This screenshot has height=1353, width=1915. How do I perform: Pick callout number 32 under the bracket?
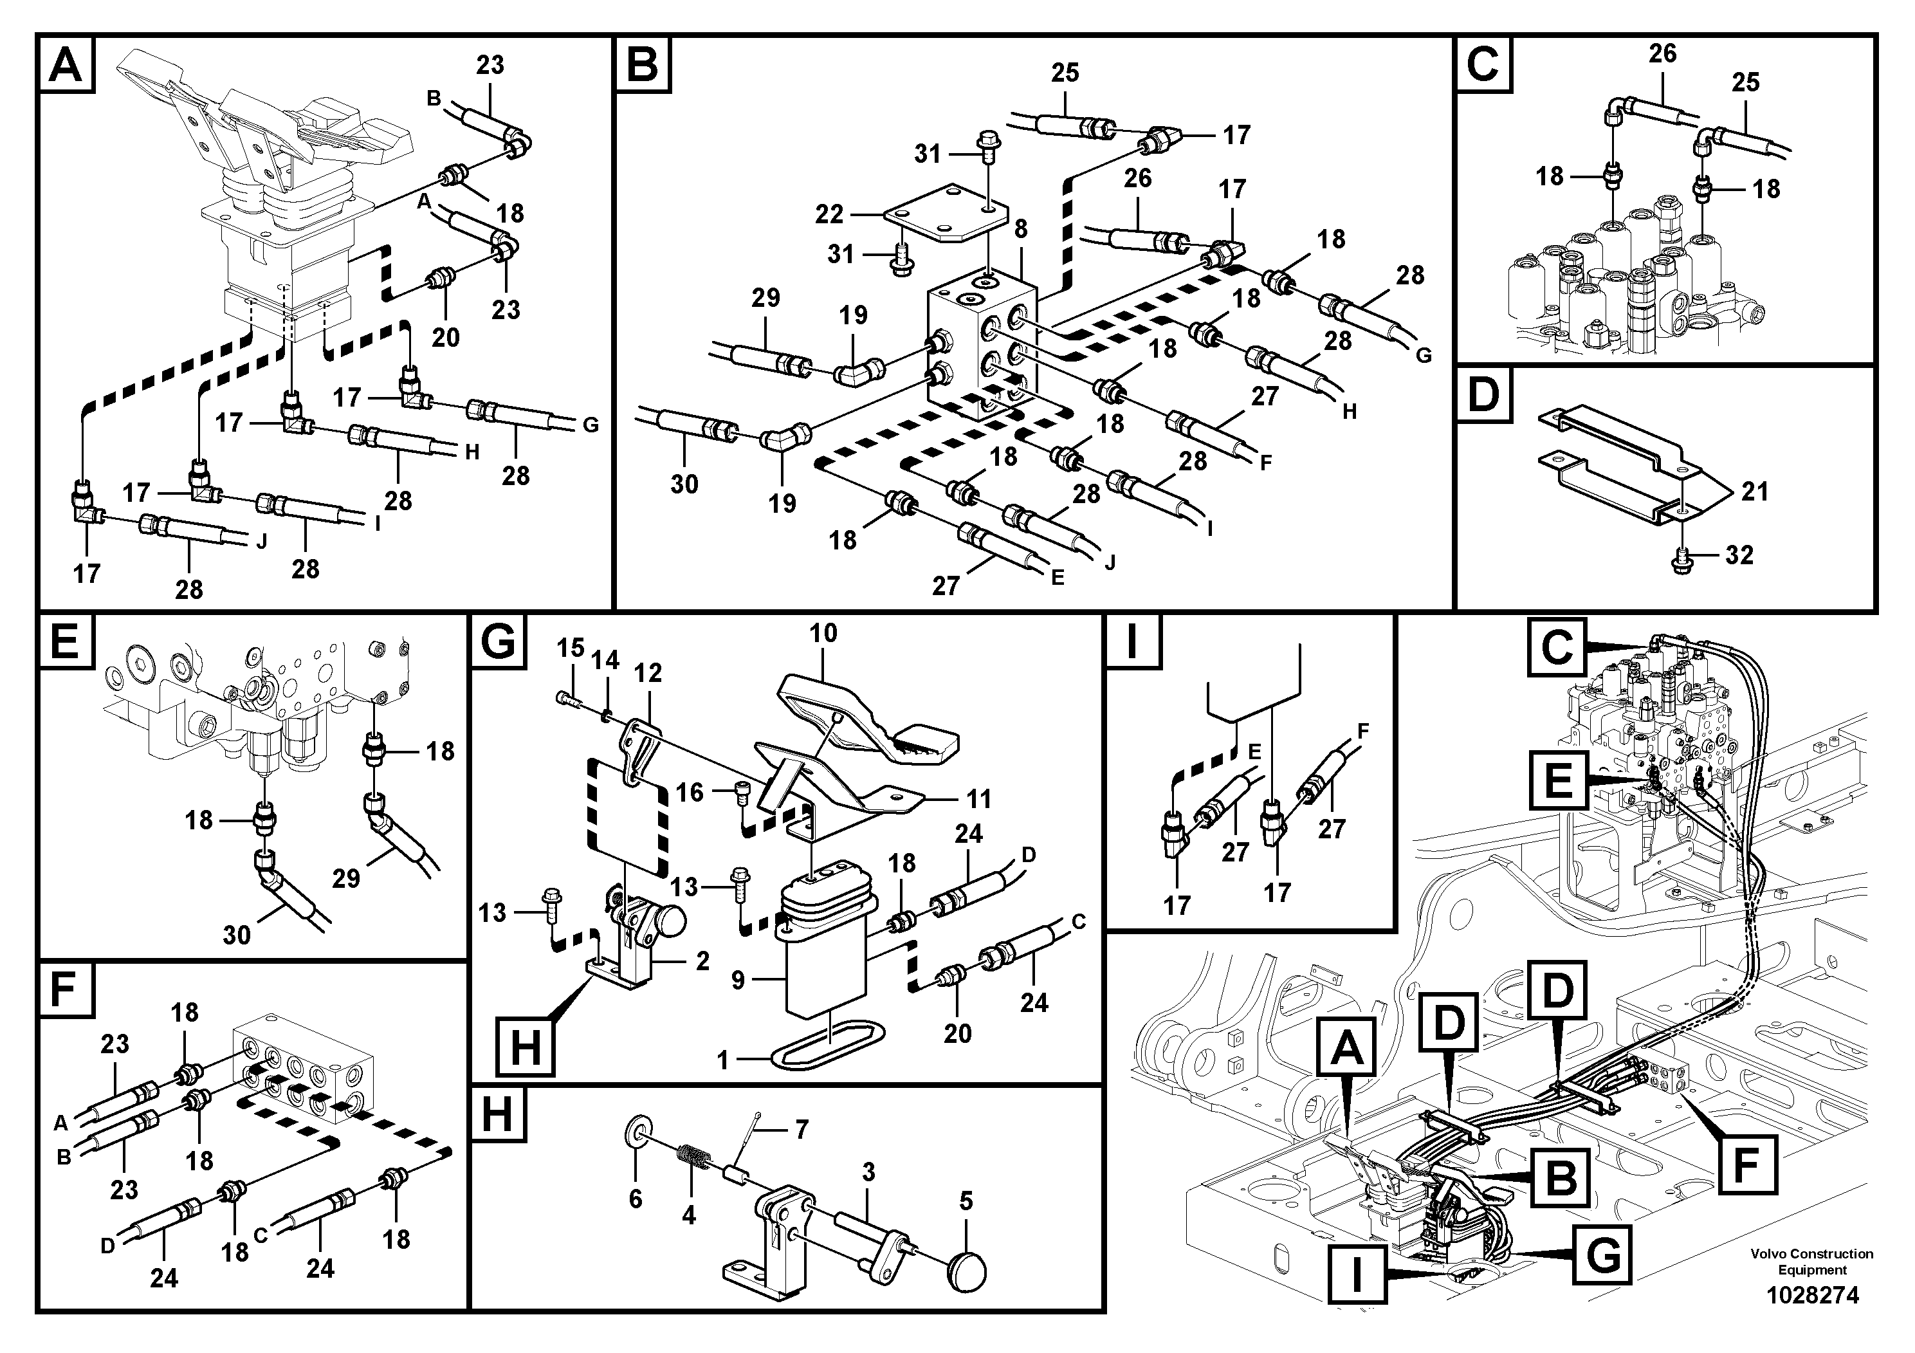click(1739, 555)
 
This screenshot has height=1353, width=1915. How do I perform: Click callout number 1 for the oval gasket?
click(723, 1060)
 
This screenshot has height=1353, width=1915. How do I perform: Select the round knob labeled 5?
click(967, 1272)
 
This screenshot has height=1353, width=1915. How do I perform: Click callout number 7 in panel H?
click(802, 1130)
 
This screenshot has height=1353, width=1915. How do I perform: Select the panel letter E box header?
click(64, 642)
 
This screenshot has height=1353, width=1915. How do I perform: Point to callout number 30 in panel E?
click(237, 935)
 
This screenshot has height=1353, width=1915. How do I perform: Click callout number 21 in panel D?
click(1755, 492)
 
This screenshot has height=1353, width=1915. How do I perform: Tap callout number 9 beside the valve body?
click(737, 980)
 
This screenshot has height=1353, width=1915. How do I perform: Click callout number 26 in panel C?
click(1662, 53)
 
